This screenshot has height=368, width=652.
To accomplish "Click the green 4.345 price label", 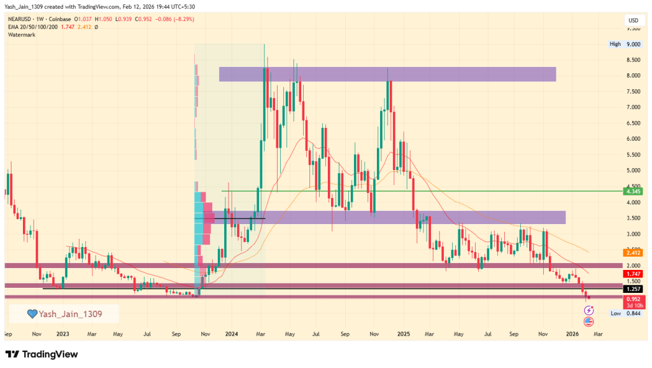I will pyautogui.click(x=633, y=191).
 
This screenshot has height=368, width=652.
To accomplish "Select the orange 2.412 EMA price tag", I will pyautogui.click(x=633, y=252).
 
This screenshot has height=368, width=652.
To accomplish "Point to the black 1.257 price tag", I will pyautogui.click(x=633, y=288).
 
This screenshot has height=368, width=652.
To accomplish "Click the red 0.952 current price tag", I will pyautogui.click(x=633, y=298).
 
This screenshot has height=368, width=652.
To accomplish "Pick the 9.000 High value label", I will pyautogui.click(x=633, y=45).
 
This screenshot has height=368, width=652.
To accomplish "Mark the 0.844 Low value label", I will pyautogui.click(x=633, y=313).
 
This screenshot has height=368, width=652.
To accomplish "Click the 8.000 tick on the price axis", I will pyautogui.click(x=633, y=76).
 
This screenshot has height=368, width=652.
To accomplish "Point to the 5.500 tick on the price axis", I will pyautogui.click(x=633, y=155).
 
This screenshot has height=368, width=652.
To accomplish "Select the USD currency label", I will pyautogui.click(x=633, y=20).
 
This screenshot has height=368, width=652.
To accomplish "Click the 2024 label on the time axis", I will pyautogui.click(x=232, y=333).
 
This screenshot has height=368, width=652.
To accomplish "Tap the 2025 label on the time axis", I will pyautogui.click(x=403, y=333).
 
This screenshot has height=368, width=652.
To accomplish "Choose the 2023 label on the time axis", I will pyautogui.click(x=62, y=333).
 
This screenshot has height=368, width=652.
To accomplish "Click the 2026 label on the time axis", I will pyautogui.click(x=572, y=333).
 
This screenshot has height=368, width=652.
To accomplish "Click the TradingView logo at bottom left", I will pyautogui.click(x=42, y=354).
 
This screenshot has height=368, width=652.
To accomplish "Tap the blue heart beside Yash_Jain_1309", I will pyautogui.click(x=31, y=314).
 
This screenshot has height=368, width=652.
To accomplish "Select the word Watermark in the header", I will pyautogui.click(x=22, y=35).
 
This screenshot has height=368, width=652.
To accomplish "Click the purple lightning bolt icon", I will pyautogui.click(x=588, y=310).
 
